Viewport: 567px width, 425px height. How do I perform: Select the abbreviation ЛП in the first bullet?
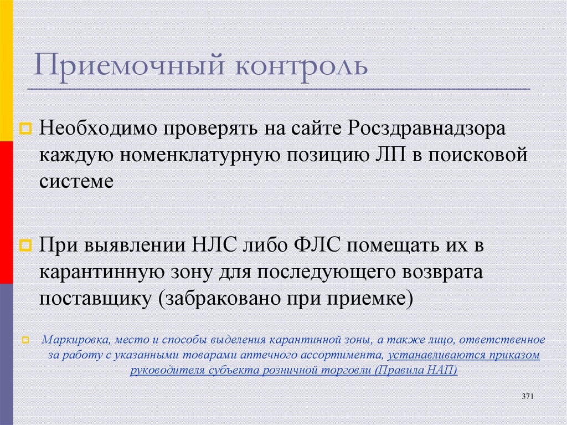pyautogui.click(x=381, y=155)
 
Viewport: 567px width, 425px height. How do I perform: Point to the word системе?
pyautogui.click(x=76, y=181)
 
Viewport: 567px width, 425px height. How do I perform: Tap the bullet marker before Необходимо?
pyautogui.click(x=26, y=130)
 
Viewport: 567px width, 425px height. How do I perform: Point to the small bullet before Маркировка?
pyautogui.click(x=26, y=340)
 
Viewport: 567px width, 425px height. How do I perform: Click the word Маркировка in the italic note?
pyautogui.click(x=71, y=340)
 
